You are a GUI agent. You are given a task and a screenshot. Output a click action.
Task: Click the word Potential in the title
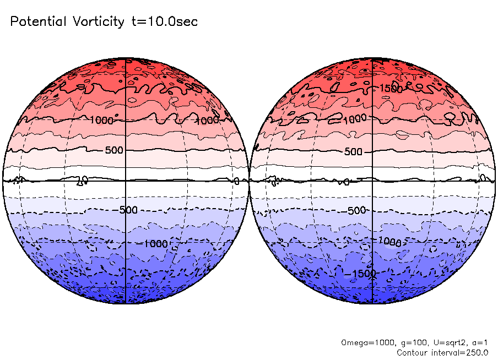[38, 22]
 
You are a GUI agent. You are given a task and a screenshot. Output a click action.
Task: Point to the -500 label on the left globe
[128, 210]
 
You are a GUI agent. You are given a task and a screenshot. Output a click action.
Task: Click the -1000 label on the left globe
[156, 243]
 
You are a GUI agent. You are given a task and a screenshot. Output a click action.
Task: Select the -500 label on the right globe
[357, 210]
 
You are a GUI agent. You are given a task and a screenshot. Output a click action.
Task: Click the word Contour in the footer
[413, 352]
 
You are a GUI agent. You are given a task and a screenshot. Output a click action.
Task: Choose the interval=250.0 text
[461, 352]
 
